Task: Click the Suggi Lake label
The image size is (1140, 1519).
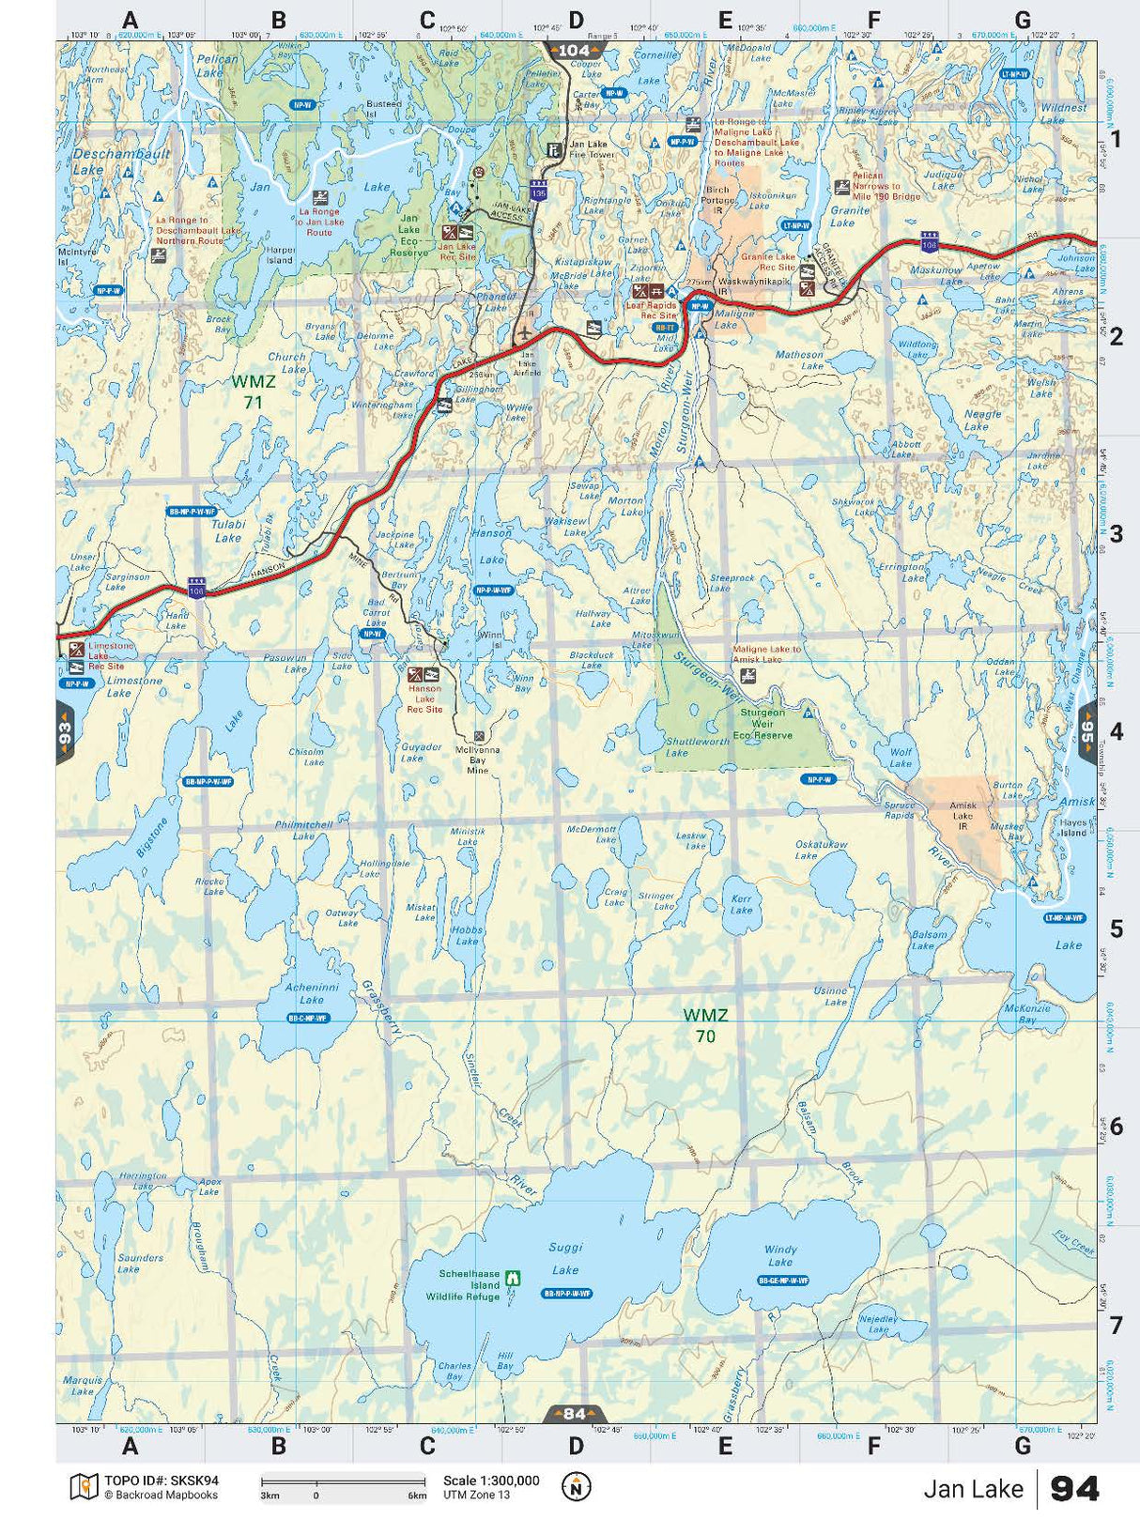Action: pos(565,1258)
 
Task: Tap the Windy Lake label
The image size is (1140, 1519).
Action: pos(780,1256)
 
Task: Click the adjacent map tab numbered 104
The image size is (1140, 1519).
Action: pos(574,51)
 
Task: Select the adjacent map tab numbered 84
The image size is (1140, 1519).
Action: pos(574,1414)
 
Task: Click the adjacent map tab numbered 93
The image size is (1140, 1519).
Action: pos(65,732)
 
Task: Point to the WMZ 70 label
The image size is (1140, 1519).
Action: pos(705,1025)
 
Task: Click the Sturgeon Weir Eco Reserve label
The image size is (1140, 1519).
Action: pos(763,724)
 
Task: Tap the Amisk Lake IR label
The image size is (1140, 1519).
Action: pos(963,815)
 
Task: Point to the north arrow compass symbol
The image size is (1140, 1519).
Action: pos(577,1486)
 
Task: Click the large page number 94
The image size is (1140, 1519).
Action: pos(1074,1489)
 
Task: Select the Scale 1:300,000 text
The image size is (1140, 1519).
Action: pos(491,1481)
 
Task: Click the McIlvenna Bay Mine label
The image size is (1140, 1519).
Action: pos(477,759)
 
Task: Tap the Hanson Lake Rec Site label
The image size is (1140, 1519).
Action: pos(424,698)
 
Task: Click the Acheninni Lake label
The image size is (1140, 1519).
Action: pos(312,993)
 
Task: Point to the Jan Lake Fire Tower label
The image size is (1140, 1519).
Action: pos(588,149)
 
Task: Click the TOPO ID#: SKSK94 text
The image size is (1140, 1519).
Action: pos(161,1481)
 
